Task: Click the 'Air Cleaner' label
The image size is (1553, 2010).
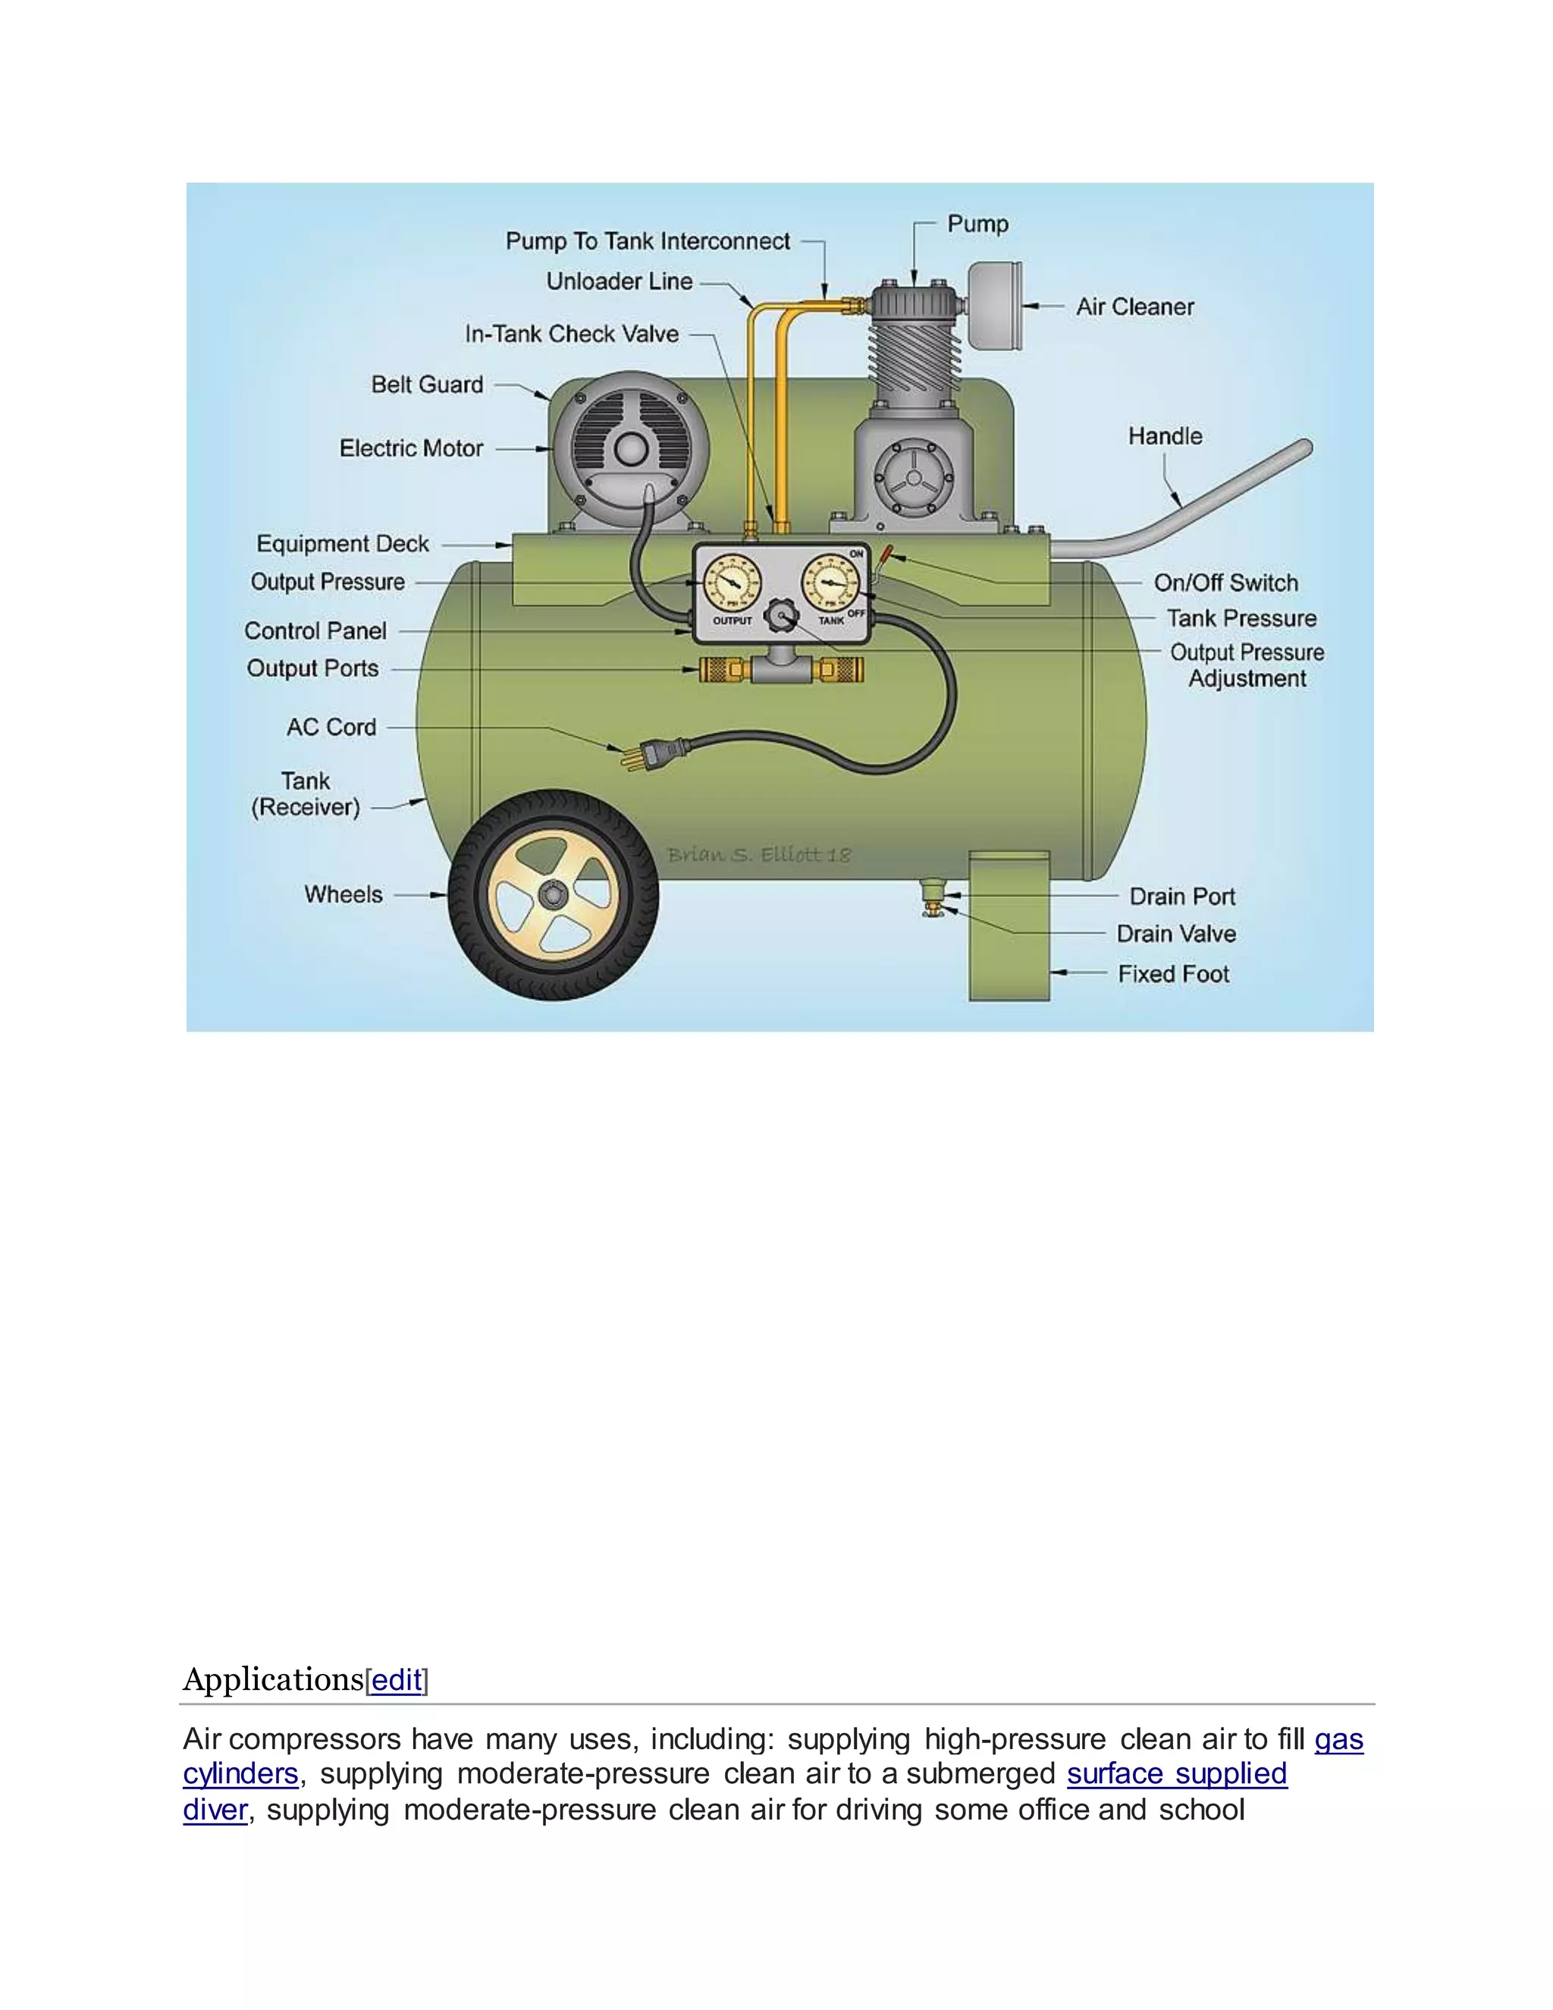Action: coord(1134,306)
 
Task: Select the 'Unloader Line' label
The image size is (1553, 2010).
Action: coord(620,281)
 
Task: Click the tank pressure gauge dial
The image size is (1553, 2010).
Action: coord(832,583)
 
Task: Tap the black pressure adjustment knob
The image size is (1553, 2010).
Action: coord(782,616)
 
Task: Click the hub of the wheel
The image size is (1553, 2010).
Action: coord(553,894)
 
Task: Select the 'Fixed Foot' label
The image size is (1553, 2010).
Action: coord(1173,974)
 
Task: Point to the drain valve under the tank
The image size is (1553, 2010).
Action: coord(933,909)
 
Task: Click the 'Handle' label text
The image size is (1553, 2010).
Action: coord(1165,436)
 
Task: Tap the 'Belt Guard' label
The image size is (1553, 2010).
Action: coord(427,385)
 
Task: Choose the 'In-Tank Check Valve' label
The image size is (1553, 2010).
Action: coord(571,334)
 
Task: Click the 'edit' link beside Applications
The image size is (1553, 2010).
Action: coord(397,1679)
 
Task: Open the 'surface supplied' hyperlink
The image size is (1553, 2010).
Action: coord(1176,1773)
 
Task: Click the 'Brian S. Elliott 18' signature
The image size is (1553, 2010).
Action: coord(758,855)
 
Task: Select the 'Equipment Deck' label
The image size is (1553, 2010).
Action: coord(342,544)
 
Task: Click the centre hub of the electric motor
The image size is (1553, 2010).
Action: coord(631,449)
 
